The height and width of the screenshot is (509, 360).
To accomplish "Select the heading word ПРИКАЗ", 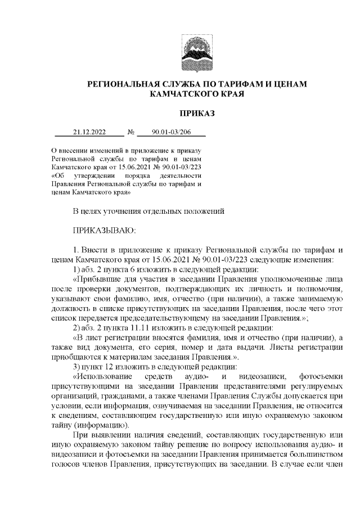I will click(196, 114).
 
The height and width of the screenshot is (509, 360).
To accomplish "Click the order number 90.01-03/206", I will click(172, 133).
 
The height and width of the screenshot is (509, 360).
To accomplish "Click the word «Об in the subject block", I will click(57, 175).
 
